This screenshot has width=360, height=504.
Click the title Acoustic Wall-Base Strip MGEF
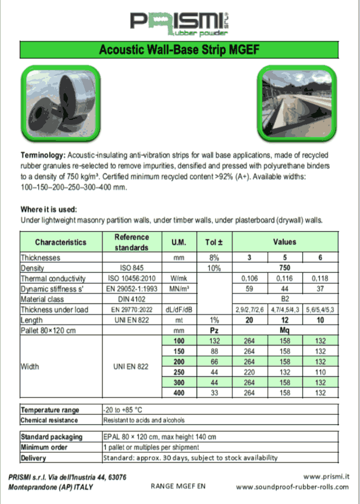pyautogui.click(x=180, y=50)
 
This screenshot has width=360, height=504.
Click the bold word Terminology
pyautogui.click(x=42, y=155)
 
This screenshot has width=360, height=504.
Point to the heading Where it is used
pyautogui.click(x=49, y=209)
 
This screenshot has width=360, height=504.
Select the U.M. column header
pyautogui.click(x=179, y=242)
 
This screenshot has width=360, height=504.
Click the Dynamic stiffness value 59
pyautogui.click(x=249, y=289)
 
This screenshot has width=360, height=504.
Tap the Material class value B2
pyautogui.click(x=285, y=299)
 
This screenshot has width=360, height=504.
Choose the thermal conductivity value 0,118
pyautogui.click(x=321, y=279)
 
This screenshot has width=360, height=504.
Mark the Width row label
pyautogui.click(x=30, y=367)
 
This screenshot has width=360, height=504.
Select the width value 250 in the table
pyautogui.click(x=179, y=372)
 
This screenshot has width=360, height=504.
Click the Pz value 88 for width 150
pyautogui.click(x=214, y=351)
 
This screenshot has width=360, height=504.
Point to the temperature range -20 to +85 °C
pyautogui.click(x=123, y=410)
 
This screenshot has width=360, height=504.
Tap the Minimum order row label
pyautogui.click(x=44, y=448)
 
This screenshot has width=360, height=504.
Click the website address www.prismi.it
pyautogui.click(x=326, y=477)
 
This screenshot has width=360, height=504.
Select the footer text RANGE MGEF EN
pyautogui.click(x=178, y=486)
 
